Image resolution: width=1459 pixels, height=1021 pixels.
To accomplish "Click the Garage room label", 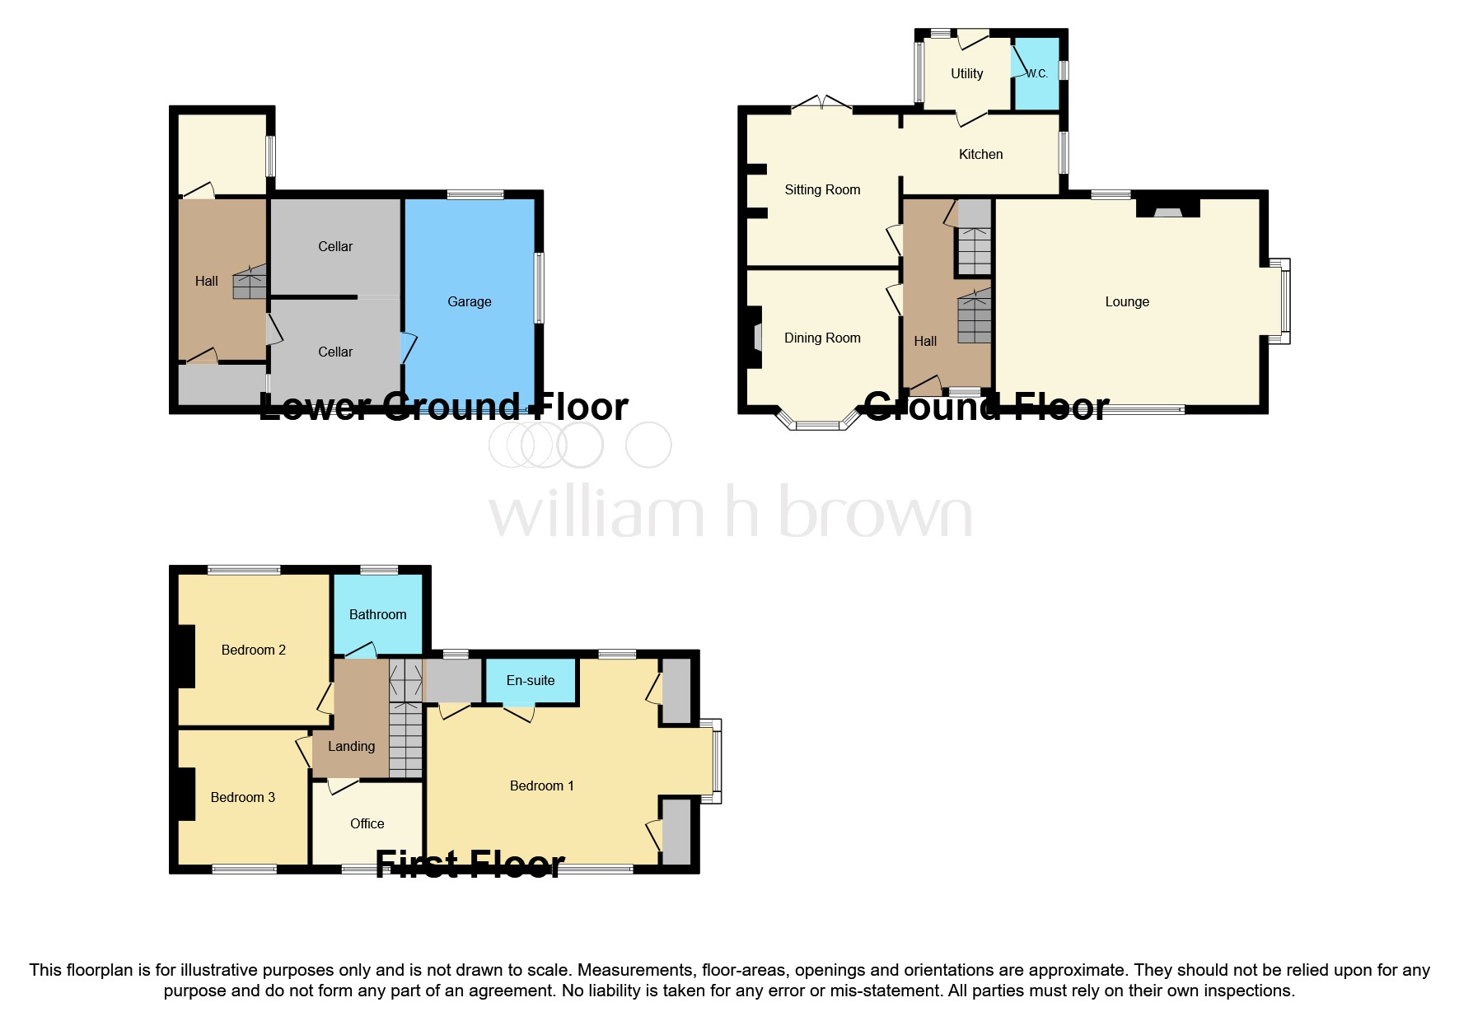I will (469, 301).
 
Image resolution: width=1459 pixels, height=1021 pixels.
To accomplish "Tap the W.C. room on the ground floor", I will (1036, 73).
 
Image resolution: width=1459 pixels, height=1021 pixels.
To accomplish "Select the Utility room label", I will (966, 73).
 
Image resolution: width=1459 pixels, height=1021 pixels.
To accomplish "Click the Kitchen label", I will (980, 154).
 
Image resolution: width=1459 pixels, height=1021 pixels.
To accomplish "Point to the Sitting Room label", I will (821, 189).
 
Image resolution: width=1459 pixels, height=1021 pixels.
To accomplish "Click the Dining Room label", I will (821, 338).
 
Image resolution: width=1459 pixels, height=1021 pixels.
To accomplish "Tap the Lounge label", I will (1126, 301).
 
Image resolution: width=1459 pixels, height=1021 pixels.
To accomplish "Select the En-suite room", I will (530, 681).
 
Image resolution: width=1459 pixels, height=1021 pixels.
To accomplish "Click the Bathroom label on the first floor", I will (377, 614).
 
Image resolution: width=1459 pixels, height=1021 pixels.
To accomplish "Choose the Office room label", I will (367, 823).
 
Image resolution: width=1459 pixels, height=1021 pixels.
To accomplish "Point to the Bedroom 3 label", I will (242, 797).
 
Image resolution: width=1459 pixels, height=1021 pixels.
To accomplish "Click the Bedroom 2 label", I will (253, 650).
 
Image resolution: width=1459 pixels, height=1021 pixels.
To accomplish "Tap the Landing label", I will (351, 746).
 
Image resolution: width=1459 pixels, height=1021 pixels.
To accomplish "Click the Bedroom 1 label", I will (541, 786).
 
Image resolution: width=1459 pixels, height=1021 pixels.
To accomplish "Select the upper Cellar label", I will (334, 246).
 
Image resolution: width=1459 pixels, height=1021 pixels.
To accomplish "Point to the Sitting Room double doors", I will (821, 103).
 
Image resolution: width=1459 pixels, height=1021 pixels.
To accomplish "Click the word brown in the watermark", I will (875, 512).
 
